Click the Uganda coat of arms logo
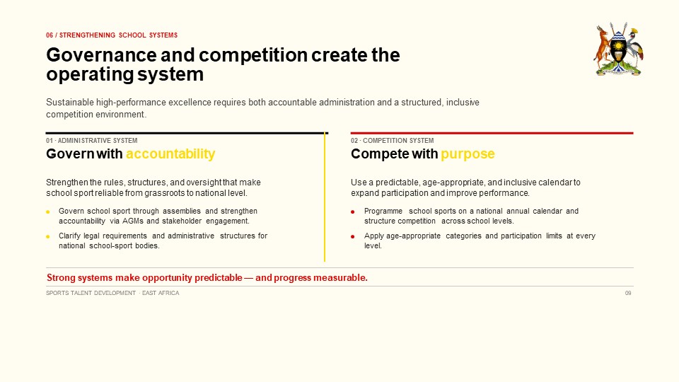point(618,50)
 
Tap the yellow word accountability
point(170,154)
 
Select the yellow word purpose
point(468,154)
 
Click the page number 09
point(628,293)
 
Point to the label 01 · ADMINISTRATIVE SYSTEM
point(92,141)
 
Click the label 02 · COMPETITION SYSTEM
point(393,141)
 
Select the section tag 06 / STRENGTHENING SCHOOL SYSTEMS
point(112,35)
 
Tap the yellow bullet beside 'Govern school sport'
point(47,212)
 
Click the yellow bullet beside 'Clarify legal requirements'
point(47,236)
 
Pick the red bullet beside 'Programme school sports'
point(352,212)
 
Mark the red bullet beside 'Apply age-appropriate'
point(352,236)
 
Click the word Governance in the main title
point(101,55)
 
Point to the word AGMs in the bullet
point(133,221)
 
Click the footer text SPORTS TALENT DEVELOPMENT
point(91,293)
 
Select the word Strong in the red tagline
point(61,277)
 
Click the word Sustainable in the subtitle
point(70,103)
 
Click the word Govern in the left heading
point(64,154)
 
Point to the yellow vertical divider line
point(325,197)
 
